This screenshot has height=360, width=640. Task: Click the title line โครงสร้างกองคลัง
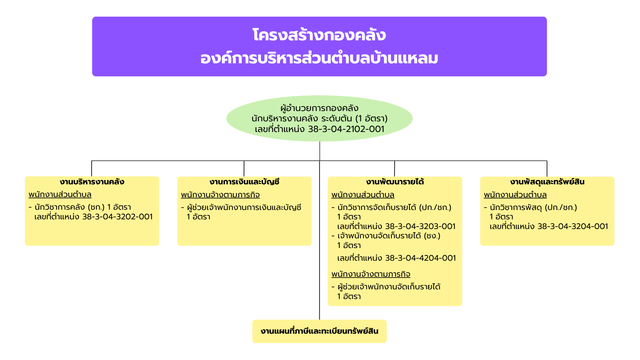(319, 35)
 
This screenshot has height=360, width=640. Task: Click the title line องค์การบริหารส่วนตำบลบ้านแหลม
(319, 58)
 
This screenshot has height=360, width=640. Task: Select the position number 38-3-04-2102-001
(346, 129)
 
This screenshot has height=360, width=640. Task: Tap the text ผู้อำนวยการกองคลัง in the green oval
(319, 108)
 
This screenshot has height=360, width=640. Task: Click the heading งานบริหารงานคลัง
(92, 182)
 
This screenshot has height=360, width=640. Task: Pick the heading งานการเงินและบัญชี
(244, 182)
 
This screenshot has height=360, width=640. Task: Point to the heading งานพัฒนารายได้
(395, 182)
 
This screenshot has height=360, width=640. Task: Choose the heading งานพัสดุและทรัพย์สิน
(547, 182)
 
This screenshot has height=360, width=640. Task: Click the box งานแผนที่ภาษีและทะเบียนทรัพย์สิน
(319, 331)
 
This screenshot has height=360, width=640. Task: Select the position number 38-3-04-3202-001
(118, 217)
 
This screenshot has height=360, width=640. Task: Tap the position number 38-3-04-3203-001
(420, 226)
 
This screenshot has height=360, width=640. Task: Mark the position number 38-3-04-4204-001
(421, 258)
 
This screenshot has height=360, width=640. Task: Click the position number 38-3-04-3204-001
(573, 226)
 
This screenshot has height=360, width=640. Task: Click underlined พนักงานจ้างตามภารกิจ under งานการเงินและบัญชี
(220, 195)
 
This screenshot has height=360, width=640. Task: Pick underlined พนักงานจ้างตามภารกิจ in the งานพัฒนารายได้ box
(371, 274)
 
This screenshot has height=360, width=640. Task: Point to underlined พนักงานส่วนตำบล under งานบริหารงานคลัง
(60, 194)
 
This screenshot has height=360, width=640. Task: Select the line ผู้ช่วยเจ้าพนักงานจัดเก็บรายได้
(389, 287)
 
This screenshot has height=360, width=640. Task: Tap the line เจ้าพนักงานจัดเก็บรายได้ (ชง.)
(389, 236)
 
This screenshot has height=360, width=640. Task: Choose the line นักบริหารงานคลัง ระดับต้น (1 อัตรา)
(319, 118)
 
